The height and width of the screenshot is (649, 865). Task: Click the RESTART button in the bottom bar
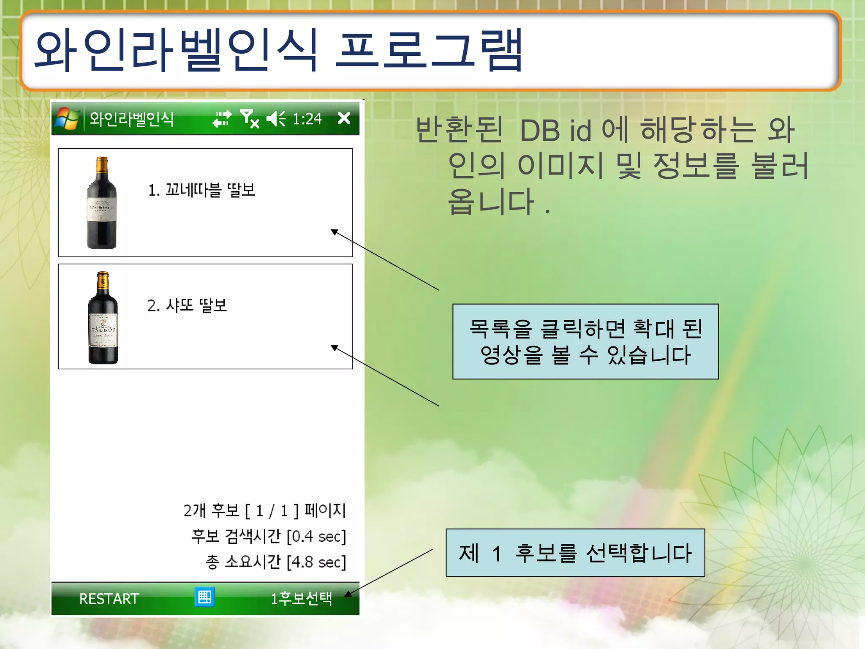(109, 599)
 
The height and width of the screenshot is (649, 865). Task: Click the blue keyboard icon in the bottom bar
(205, 597)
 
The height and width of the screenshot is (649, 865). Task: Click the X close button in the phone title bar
(344, 118)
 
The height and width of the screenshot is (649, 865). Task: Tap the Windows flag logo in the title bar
(67, 118)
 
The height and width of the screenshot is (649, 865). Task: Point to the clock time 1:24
(307, 119)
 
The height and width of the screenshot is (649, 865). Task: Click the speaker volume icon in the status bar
(276, 119)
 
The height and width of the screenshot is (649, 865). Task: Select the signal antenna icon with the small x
(249, 118)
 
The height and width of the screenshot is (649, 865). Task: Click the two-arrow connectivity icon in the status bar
(222, 119)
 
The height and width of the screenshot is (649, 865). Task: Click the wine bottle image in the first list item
(101, 203)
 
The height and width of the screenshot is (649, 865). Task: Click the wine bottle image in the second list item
(103, 318)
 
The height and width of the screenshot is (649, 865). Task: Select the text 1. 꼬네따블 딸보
(201, 190)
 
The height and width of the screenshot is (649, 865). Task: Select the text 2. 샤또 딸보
(187, 305)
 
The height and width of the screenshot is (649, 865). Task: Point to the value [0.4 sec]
(316, 537)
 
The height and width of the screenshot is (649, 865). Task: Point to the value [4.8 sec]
(316, 562)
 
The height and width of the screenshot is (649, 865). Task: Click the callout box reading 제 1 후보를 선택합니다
(575, 553)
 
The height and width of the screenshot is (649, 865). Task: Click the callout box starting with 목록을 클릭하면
(585, 341)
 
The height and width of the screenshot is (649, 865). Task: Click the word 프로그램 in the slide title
(429, 51)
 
